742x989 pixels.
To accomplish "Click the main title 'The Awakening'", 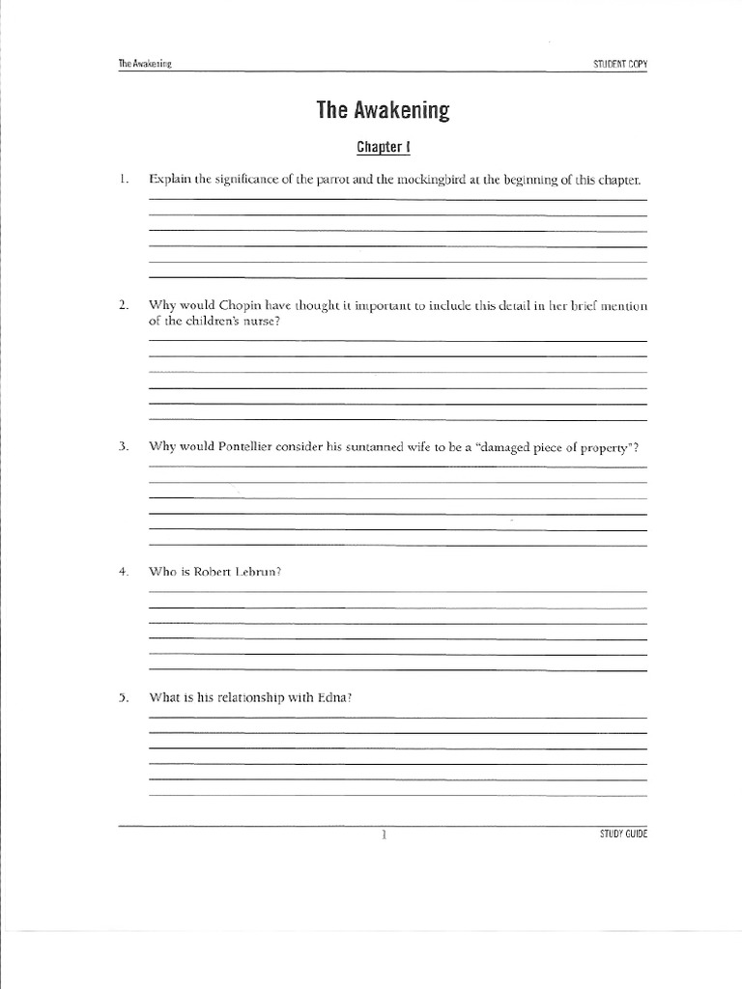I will pyautogui.click(x=383, y=110).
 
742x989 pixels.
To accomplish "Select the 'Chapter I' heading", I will pyautogui.click(x=383, y=148).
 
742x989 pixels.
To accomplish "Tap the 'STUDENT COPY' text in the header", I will pyautogui.click(x=619, y=65).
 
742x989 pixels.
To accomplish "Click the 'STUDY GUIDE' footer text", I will pyautogui.click(x=623, y=834).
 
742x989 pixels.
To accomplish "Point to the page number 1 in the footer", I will pyautogui.click(x=384, y=834).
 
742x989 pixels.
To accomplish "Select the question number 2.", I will pyautogui.click(x=124, y=306).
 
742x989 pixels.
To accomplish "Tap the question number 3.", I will pyautogui.click(x=124, y=447).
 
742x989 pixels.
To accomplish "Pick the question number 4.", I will pyautogui.click(x=124, y=572).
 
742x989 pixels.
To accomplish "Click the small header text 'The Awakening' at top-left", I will pyautogui.click(x=145, y=65).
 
